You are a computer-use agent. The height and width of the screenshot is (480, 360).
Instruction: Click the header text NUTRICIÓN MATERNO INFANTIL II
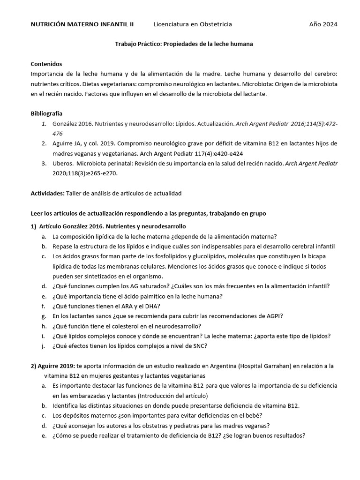82,24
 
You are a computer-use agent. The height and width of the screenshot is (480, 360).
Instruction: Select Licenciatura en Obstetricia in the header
193,24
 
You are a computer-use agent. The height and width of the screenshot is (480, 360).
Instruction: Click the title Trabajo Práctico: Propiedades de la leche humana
184,44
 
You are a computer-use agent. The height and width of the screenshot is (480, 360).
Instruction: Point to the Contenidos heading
46,64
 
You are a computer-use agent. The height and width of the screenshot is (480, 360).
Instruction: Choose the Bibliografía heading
46,113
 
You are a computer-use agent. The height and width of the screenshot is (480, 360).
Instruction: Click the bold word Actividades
47,193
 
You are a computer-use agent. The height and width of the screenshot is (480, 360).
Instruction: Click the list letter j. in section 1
44,346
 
